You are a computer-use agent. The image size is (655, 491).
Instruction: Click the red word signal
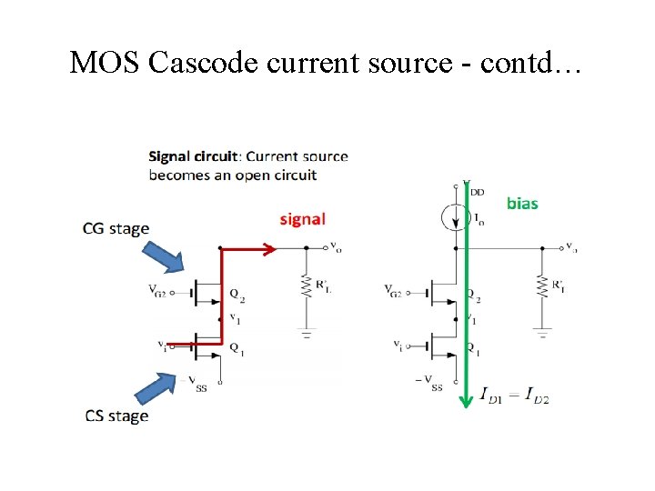302,219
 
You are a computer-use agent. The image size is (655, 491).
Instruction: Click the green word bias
521,203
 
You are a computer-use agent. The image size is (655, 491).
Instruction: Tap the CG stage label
116,228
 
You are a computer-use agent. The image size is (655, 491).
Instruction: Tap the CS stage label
116,416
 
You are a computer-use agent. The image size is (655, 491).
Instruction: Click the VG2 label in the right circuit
393,291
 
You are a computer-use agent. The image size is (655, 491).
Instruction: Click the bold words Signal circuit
192,156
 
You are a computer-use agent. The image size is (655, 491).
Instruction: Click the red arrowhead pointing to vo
268,247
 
